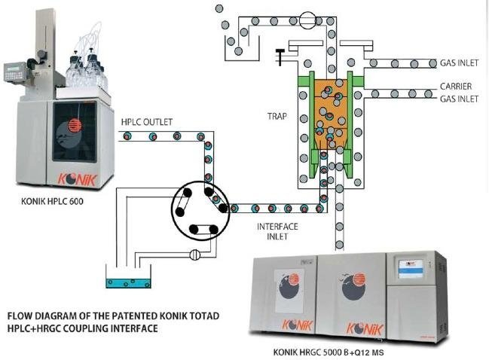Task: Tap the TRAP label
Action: tap(277, 117)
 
